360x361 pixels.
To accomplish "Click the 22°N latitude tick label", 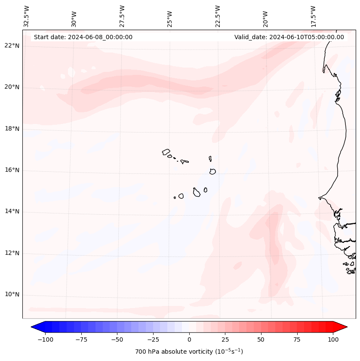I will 12,46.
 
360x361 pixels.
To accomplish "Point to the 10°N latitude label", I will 12,295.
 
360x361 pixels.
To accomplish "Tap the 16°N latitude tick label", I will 12,170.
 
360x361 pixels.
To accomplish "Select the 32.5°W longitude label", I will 27,16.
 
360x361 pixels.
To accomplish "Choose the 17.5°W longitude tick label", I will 314,16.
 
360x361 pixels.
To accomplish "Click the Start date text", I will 83,37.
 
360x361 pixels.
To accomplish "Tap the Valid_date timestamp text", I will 289,37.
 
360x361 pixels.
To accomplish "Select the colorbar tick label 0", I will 189,339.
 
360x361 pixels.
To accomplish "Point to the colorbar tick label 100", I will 333,339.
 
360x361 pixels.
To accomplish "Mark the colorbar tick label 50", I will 261,339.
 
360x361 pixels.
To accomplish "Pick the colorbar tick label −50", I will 117,339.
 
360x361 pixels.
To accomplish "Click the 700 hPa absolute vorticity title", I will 189,352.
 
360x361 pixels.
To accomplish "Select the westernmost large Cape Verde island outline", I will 166,152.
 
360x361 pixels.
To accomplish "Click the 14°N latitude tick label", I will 12,212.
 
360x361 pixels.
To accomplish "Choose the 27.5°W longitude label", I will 122,16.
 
